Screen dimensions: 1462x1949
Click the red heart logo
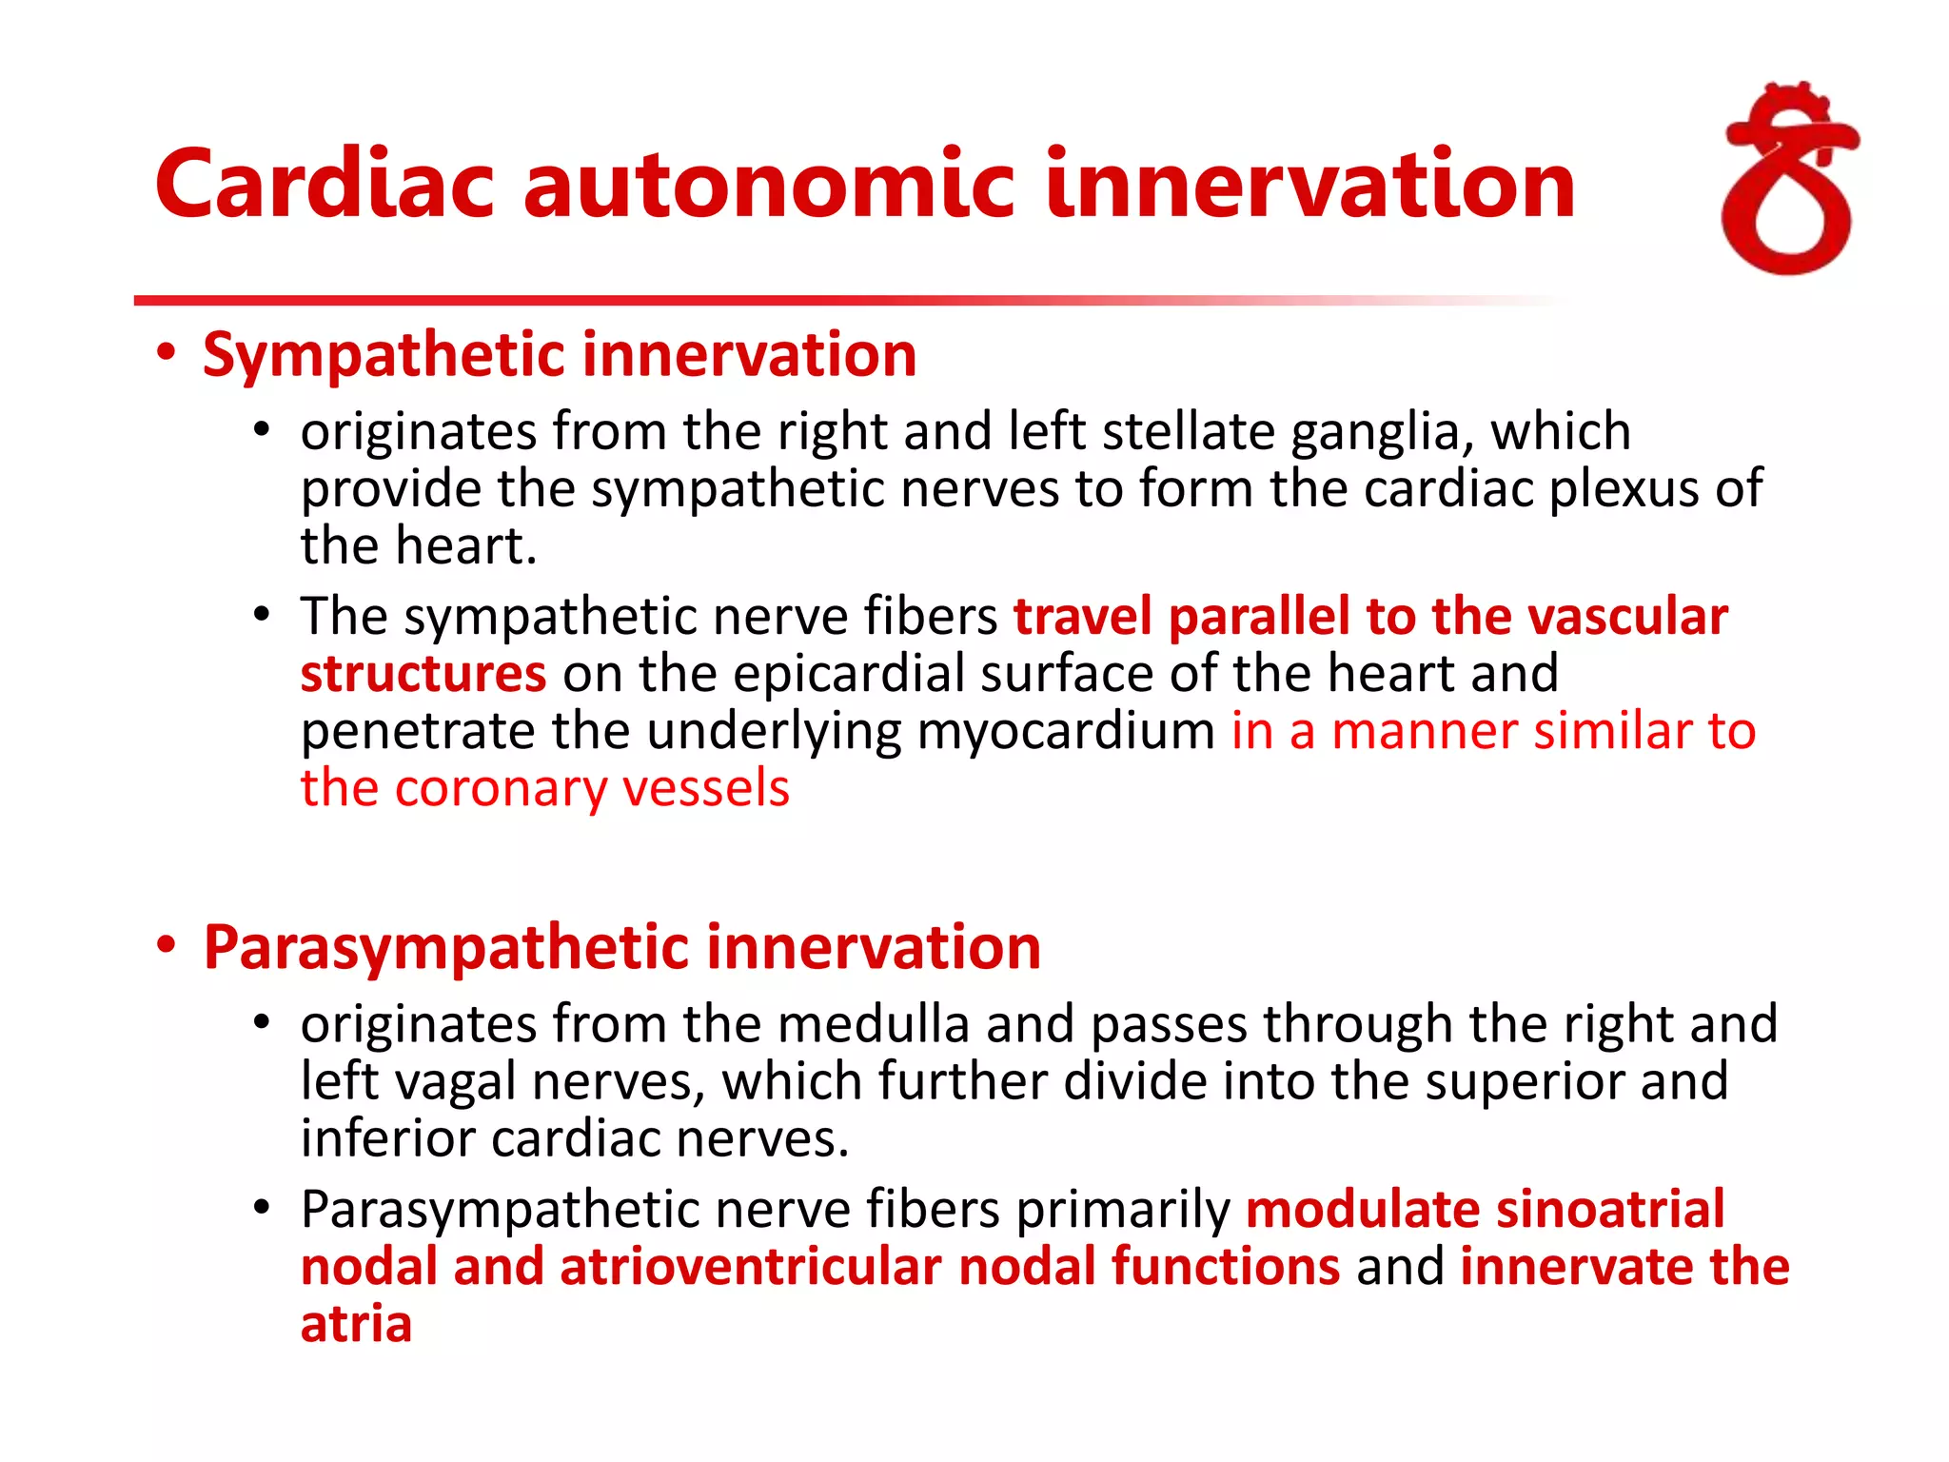click(1789, 181)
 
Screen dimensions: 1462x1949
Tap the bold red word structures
click(423, 674)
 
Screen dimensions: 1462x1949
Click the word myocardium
click(1066, 733)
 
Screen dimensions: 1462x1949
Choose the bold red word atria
click(356, 1324)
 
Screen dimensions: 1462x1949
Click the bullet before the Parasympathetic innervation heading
click(167, 946)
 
